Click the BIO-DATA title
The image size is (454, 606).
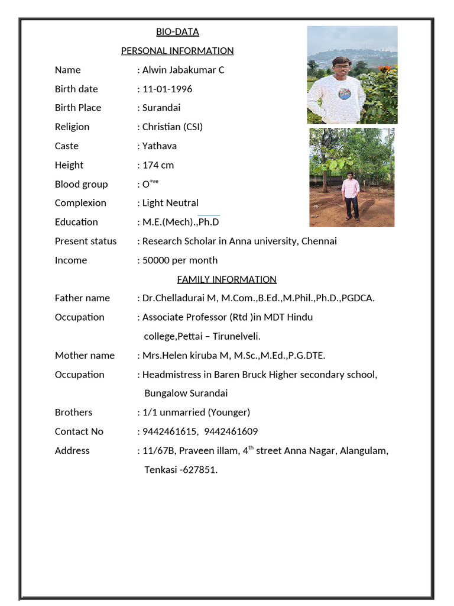177,32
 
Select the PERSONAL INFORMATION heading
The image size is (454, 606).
177,51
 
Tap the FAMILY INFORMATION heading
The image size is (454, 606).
227,279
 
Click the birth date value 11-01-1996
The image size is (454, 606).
167,89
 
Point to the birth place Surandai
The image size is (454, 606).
161,108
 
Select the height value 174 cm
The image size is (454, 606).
158,165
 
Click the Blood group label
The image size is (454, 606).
82,184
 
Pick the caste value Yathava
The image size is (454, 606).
160,146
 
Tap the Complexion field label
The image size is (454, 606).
80,203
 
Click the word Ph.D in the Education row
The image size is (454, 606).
209,222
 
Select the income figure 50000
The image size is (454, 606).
156,260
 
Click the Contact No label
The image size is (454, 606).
79,431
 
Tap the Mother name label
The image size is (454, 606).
85,356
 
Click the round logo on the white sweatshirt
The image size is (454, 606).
344,93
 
